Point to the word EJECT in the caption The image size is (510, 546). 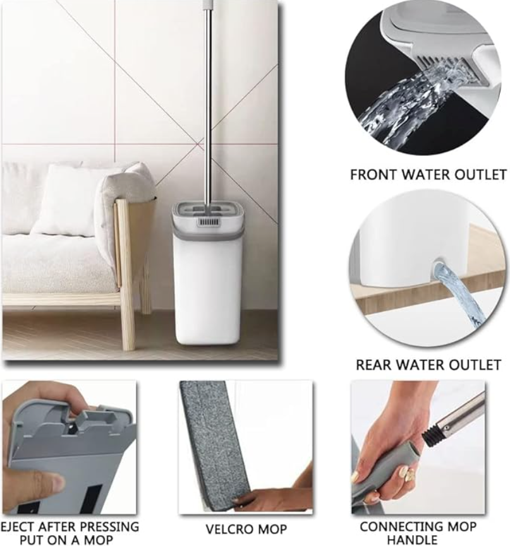(20, 526)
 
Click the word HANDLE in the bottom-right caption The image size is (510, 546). (412, 540)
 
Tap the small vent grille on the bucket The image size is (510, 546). (209, 222)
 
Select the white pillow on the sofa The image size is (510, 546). (66, 198)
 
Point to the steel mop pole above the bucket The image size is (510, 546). (208, 104)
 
